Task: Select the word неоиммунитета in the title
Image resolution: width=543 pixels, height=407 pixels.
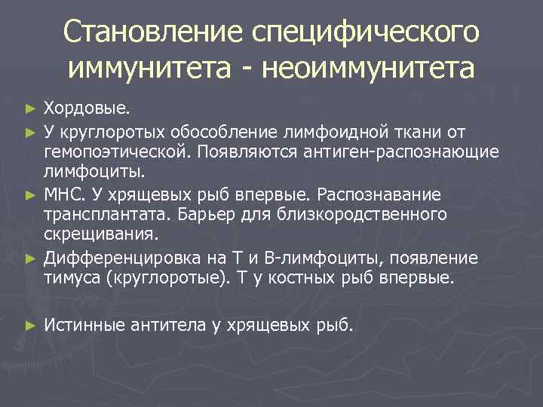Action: (x=370, y=69)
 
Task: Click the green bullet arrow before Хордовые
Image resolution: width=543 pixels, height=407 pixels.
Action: (x=30, y=110)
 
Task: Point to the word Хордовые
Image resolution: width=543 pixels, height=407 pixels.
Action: (x=85, y=110)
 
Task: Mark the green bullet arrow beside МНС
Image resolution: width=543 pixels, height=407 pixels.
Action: (x=30, y=195)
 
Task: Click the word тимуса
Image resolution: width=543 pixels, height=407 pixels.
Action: (x=73, y=278)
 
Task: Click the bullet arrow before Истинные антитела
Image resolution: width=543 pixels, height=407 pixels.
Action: (x=30, y=326)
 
